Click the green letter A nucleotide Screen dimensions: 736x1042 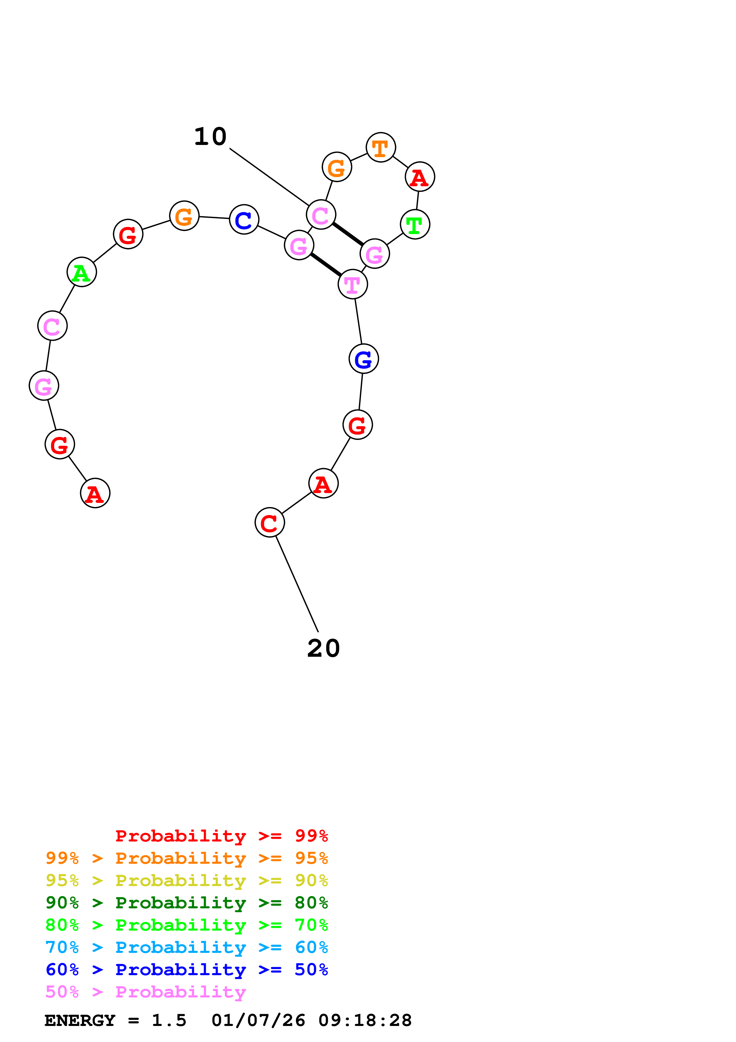82,272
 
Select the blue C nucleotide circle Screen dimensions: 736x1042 244,220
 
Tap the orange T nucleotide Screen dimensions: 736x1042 381,148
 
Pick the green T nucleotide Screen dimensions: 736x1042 415,224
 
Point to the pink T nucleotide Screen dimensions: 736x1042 353,285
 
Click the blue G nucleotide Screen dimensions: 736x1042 364,359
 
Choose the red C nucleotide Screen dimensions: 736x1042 270,522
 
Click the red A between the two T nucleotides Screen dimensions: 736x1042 420,177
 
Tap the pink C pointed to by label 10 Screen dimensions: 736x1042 321,215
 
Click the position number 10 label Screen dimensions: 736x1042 210,137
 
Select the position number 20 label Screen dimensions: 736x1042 323,648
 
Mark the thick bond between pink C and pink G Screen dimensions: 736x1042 348,234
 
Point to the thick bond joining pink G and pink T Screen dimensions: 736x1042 326,265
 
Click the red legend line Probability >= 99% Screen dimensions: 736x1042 222,836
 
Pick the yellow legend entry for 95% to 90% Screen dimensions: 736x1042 187,880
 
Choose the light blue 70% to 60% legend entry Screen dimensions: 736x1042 187,947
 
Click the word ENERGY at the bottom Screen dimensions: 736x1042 80,1021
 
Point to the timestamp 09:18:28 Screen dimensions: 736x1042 365,1021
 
